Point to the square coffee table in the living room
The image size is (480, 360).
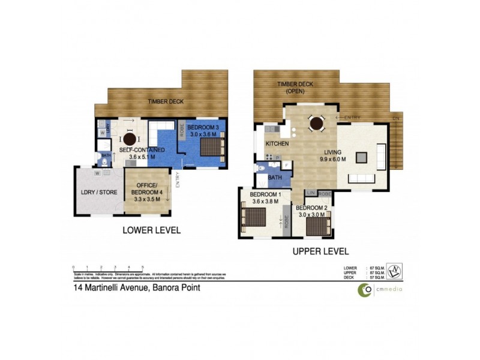(x=362, y=157)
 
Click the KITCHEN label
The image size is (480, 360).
(x=277, y=145)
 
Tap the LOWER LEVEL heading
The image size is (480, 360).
(x=151, y=230)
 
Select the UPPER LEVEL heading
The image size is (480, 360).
(x=320, y=251)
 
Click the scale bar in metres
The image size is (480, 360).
(x=108, y=270)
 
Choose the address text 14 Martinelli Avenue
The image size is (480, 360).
(x=132, y=288)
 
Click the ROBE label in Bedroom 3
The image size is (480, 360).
(x=181, y=131)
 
